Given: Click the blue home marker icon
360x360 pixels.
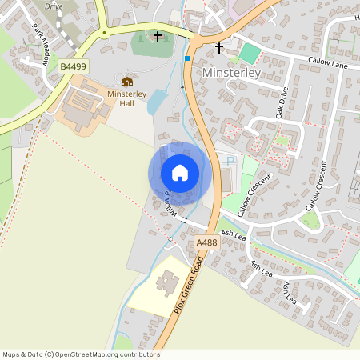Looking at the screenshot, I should point(180,173).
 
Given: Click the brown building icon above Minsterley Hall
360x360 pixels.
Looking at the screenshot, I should point(127,82).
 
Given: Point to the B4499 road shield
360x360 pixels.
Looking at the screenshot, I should point(72,68).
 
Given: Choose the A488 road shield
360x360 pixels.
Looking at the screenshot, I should point(206,241).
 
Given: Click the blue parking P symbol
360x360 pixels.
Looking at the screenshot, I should point(231,162).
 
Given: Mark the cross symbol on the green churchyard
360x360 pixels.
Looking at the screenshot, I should point(158,37).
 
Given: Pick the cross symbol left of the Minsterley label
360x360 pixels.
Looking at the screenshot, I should point(219,48).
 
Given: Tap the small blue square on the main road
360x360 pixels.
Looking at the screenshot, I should point(187,58).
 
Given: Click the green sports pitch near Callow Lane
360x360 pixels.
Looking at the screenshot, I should point(250,54).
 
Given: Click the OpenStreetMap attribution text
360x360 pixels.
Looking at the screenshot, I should point(81,354).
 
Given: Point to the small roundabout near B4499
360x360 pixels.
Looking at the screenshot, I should point(104,33).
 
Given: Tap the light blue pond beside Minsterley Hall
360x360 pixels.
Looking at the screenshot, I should point(158,102).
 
